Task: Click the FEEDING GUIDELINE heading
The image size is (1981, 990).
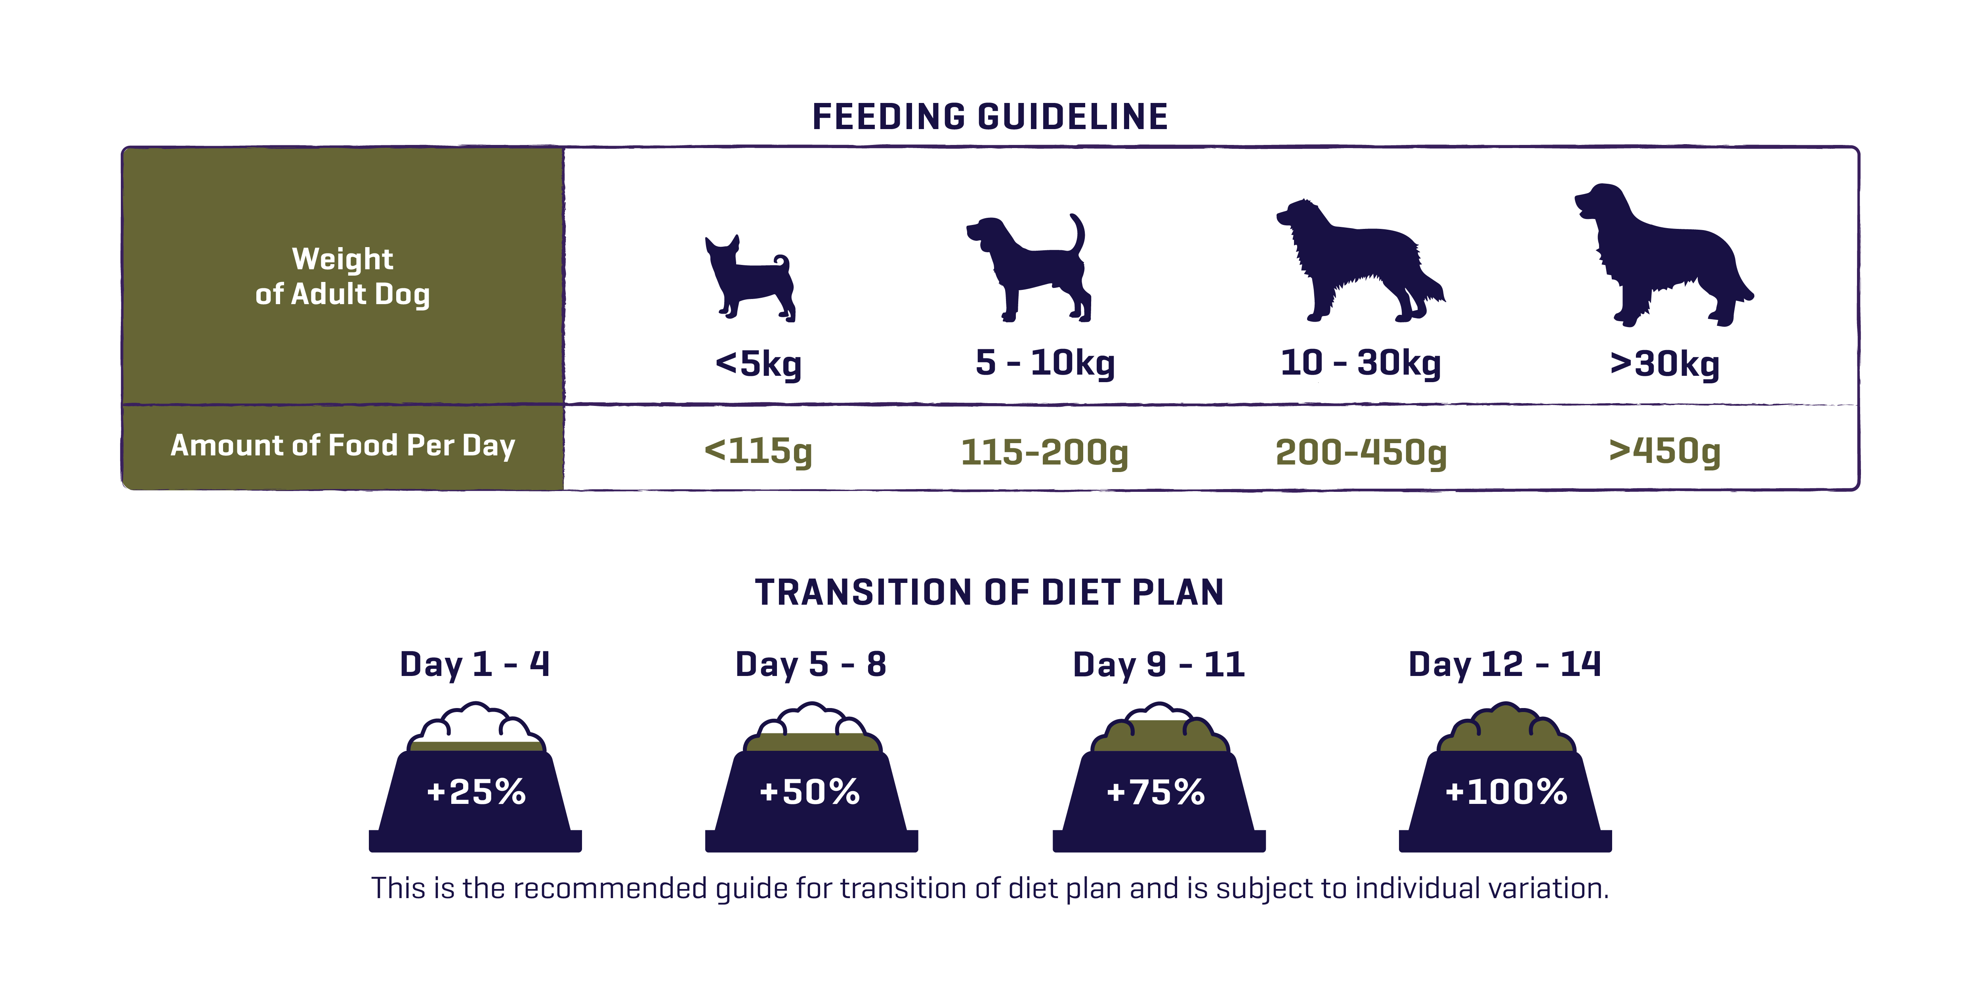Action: [990, 117]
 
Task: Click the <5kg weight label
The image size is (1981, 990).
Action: [758, 364]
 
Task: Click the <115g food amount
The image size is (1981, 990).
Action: [758, 451]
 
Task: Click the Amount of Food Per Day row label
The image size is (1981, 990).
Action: [343, 446]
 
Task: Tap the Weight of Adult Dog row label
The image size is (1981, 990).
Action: [343, 277]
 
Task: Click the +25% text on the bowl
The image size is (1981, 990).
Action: [476, 792]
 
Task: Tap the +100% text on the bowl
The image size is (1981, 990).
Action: [1506, 792]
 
